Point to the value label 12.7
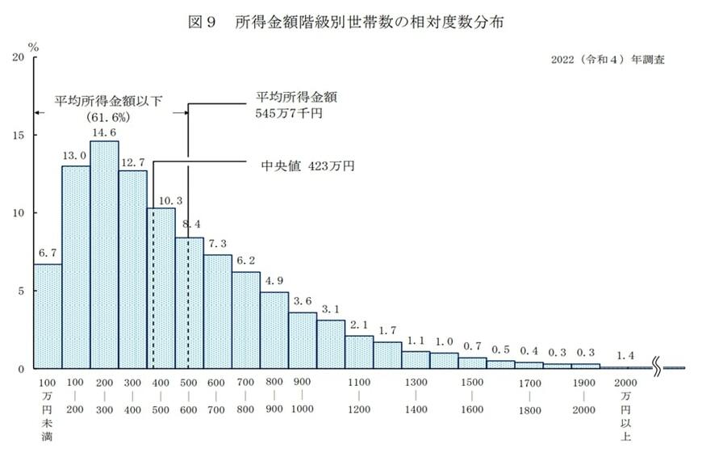(132, 161)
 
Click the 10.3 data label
(161, 199)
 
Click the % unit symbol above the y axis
(34, 45)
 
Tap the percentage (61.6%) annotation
(104, 116)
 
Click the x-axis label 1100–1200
(359, 397)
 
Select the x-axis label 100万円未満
(47, 409)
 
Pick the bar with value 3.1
(330, 344)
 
